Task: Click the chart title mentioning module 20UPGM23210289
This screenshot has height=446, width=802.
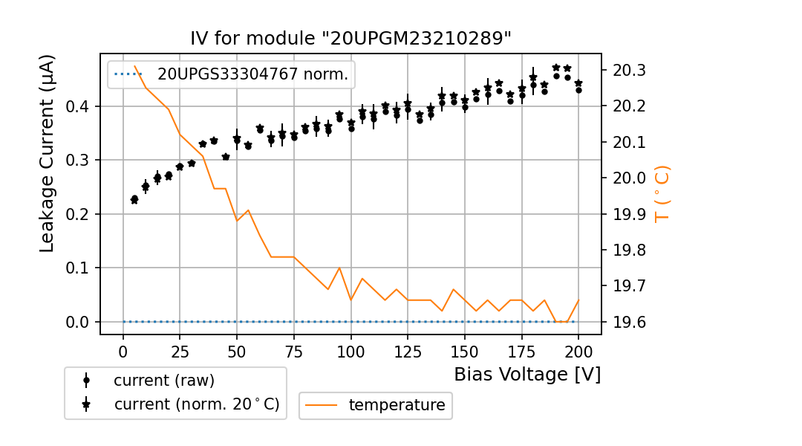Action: [351, 39]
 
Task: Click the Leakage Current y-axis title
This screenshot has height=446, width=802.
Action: [48, 153]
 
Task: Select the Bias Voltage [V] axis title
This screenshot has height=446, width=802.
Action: [527, 374]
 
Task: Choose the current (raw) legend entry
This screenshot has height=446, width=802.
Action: [163, 380]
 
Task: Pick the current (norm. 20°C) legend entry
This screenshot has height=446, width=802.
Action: [196, 404]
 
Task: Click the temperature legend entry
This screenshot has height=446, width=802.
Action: [397, 405]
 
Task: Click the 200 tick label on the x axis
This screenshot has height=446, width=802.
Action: [578, 351]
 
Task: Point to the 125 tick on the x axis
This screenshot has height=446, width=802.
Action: [408, 351]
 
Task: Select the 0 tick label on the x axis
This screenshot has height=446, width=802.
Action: [123, 351]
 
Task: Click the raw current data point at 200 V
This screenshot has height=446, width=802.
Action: [578, 90]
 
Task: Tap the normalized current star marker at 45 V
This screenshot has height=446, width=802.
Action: [226, 157]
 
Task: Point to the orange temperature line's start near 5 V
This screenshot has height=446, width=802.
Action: [134, 66]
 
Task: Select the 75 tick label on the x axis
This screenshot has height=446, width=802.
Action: [294, 351]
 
